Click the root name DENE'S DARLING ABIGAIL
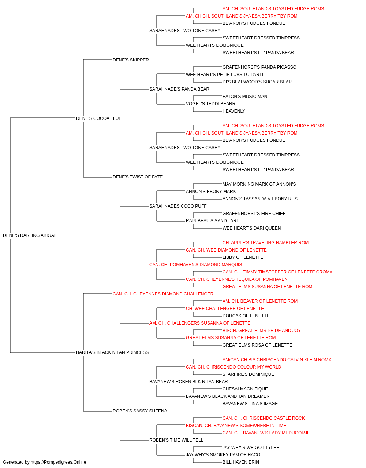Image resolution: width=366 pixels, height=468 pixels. coord(30,235)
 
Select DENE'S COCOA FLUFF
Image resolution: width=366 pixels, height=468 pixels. coord(100,118)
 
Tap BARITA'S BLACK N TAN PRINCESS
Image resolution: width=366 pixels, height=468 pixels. coord(112,352)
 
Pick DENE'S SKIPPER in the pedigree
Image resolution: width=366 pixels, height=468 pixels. coord(131,60)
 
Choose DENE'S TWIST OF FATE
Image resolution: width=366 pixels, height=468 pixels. coord(138,177)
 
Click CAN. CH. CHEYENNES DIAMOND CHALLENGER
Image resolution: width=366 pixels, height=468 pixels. coord(163,294)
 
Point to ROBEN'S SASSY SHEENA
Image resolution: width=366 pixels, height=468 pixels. coord(140,411)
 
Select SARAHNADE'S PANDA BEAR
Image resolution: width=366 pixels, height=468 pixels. coord(179,89)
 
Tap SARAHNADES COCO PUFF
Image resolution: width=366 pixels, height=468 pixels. coord(178,206)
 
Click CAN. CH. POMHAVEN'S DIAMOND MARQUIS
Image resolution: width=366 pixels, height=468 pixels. coord(195,265)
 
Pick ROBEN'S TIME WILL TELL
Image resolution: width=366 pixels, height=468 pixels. coord(176,440)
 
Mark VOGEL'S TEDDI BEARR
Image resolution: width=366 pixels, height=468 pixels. coord(210,104)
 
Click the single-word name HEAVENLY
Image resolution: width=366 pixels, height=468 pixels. coord(234,111)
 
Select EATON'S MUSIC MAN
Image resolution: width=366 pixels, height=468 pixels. coord(244,97)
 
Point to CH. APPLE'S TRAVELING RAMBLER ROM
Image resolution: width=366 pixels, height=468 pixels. coord(265,243)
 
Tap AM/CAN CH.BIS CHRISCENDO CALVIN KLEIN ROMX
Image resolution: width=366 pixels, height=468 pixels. coord(277,360)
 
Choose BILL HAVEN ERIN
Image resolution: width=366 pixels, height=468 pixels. coord(240,462)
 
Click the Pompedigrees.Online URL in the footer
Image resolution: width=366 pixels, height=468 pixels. coord(58,462)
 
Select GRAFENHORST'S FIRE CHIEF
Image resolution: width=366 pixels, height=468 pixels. coord(254,214)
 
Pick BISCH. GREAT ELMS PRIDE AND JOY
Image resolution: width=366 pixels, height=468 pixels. coord(261,331)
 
